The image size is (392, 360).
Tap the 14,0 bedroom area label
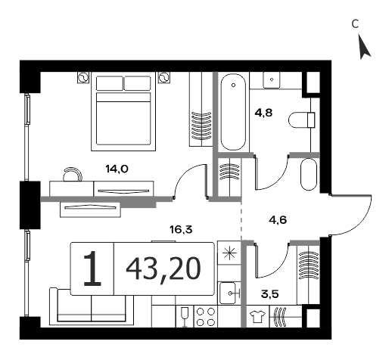click(117, 169)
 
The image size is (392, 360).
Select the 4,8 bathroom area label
click(263, 113)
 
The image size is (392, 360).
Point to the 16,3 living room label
click(181, 229)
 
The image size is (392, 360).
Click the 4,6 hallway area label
click(278, 220)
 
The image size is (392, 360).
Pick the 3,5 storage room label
click(270, 294)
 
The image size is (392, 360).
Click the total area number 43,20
click(163, 269)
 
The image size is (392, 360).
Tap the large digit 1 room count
click(92, 268)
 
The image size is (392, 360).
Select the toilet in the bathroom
click(302, 120)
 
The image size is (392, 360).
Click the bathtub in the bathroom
click(233, 112)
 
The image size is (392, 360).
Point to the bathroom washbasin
click(272, 79)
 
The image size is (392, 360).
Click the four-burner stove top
click(205, 317)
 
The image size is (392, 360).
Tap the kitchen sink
click(229, 293)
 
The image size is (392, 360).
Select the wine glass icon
click(185, 317)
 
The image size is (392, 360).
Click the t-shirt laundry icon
click(257, 317)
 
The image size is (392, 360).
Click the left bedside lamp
click(83, 77)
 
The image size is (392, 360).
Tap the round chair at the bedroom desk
click(73, 174)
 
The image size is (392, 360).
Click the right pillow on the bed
click(138, 83)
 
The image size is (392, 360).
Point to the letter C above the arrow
click(355, 24)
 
